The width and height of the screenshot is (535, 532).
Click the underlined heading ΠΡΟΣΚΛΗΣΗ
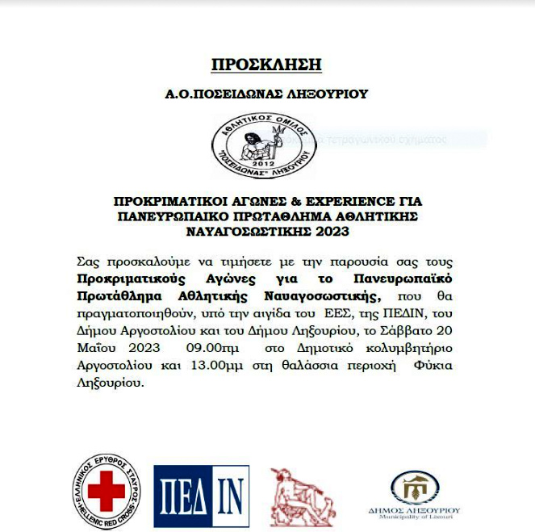[266, 65]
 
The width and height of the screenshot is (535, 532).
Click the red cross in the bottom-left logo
[106, 486]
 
